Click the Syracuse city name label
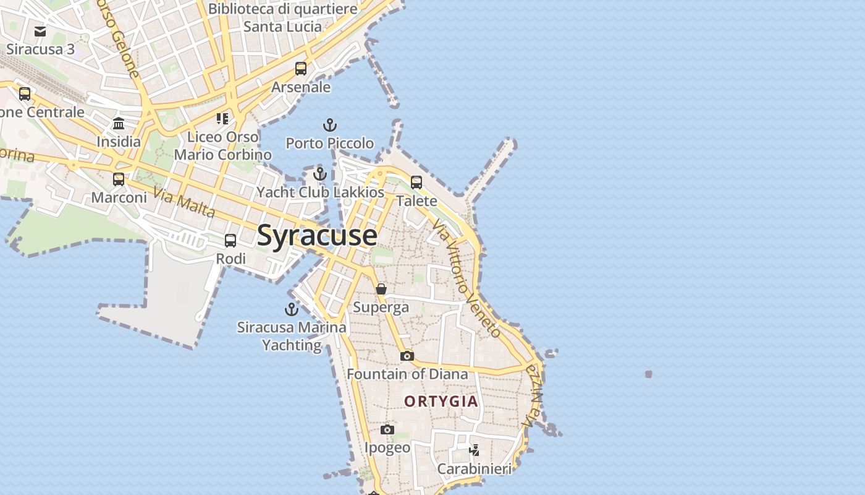point(316,236)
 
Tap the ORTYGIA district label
point(441,401)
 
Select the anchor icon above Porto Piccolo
point(331,126)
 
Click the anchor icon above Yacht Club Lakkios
point(319,174)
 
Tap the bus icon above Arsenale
point(301,69)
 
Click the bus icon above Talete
point(416,183)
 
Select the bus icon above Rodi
point(230,241)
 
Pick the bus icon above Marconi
point(119,179)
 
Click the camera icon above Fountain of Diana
point(407,356)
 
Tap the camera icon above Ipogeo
point(387,429)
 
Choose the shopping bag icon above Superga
point(381,289)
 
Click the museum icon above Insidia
point(119,124)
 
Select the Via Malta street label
point(184,204)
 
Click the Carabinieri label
point(475,469)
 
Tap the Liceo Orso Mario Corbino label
point(222,145)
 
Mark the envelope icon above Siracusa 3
point(40,32)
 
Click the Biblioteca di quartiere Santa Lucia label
point(283,18)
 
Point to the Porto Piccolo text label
point(330,144)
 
